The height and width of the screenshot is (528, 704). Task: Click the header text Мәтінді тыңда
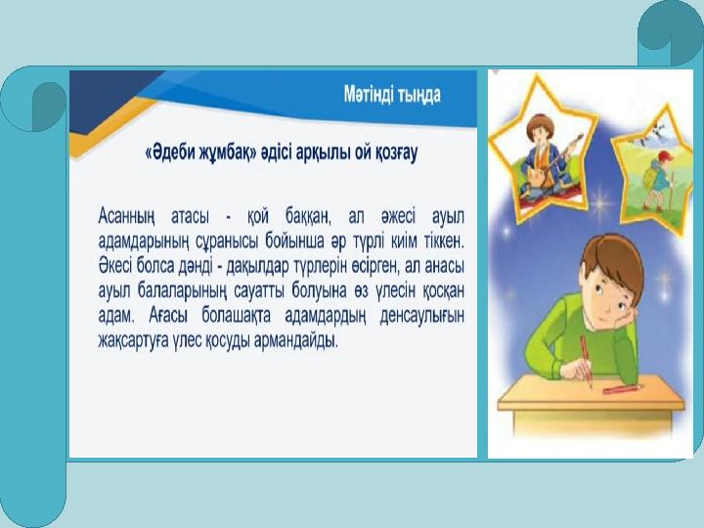pos(392,95)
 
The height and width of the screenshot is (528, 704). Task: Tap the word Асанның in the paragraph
pos(126,217)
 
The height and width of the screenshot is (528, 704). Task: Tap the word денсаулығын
pos(421,316)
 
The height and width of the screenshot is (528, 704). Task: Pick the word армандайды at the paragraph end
pos(296,341)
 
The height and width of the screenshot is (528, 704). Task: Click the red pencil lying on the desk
pos(622,388)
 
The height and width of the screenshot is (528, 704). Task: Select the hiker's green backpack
pos(649,176)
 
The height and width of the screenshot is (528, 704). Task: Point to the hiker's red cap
pos(665,155)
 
